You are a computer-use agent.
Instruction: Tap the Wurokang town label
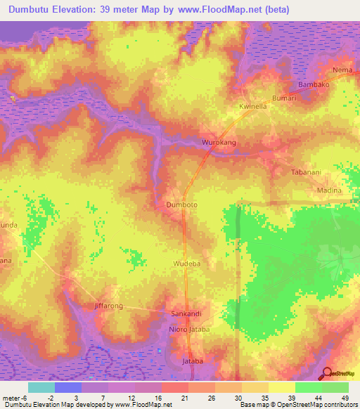[218, 142]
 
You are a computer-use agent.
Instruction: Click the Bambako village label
[314, 84]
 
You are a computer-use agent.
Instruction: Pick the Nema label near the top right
[342, 71]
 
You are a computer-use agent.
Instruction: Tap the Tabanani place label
[307, 172]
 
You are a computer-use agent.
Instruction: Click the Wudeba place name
[188, 264]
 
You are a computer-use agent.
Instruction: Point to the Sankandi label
[187, 313]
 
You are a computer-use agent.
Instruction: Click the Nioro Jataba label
[190, 328]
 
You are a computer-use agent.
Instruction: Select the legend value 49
[335, 398]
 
